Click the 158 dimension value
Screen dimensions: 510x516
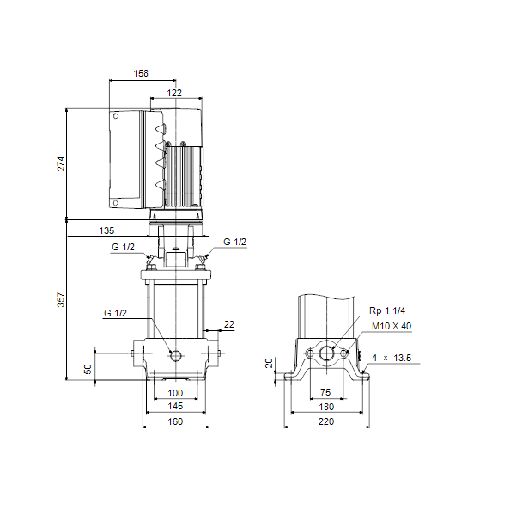click(141, 73)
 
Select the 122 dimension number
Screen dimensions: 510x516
click(174, 93)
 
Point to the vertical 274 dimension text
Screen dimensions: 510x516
click(61, 163)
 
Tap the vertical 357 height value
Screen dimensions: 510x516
click(61, 299)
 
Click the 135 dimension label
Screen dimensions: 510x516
click(106, 230)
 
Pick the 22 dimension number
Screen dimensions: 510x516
click(229, 324)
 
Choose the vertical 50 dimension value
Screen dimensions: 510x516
click(88, 369)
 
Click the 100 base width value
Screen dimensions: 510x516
click(175, 393)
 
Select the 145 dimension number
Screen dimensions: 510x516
click(175, 406)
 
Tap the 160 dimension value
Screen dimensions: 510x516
click(175, 421)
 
